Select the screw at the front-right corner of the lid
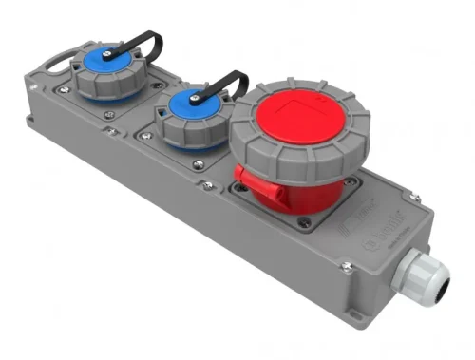click(x=348, y=269)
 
